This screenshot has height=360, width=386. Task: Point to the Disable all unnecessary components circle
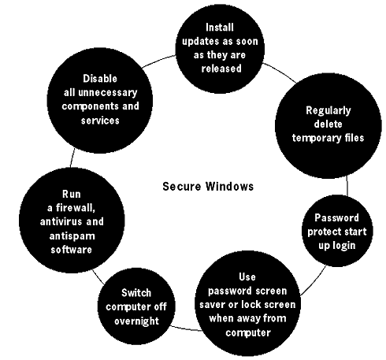pyautogui.click(x=100, y=100)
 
